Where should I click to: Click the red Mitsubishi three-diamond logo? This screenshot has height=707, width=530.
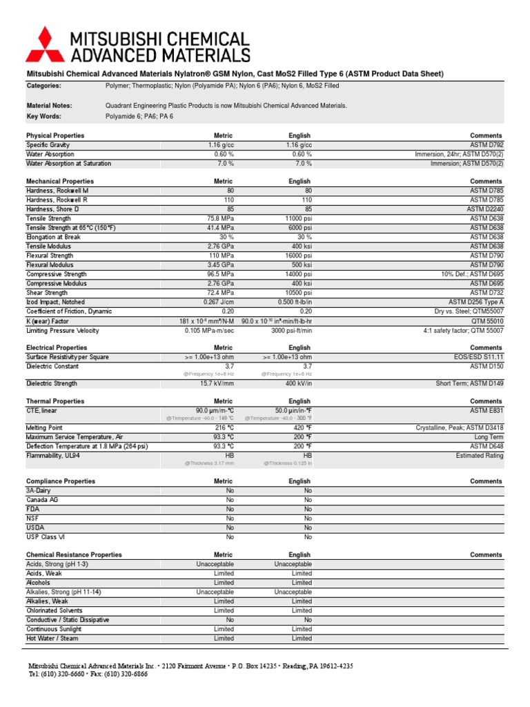(43, 45)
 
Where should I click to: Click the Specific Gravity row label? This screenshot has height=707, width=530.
(48, 145)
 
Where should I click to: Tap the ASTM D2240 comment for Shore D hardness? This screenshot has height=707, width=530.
(485, 209)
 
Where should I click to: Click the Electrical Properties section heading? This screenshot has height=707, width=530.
(57, 347)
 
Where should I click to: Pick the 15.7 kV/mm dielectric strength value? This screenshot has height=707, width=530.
(216, 383)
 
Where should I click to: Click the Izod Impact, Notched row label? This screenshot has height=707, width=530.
(56, 302)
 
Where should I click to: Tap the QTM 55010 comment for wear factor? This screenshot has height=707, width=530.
(487, 320)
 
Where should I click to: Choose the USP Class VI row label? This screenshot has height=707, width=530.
(46, 536)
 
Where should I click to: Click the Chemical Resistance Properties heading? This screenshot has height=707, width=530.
(74, 554)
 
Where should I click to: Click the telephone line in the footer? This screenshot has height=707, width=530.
(88, 674)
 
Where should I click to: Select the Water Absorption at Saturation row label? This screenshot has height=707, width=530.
(68, 164)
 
